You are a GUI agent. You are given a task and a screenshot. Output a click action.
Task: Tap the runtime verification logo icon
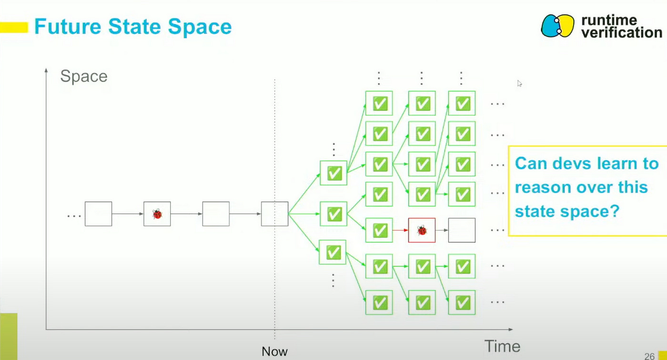[x=557, y=26]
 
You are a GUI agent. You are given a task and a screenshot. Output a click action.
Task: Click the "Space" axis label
[x=84, y=76]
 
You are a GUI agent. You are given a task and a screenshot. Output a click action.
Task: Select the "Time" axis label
[x=502, y=346]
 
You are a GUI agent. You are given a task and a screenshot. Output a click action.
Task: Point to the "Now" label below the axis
[x=274, y=352]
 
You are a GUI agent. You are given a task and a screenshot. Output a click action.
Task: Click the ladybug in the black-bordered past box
[x=157, y=214]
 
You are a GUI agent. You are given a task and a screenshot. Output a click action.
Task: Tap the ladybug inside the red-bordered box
[x=422, y=230]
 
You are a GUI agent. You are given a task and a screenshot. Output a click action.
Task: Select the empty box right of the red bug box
[x=462, y=230]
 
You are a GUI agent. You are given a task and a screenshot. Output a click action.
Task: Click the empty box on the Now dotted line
[x=274, y=214]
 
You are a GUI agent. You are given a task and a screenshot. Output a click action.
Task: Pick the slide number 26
[x=649, y=356]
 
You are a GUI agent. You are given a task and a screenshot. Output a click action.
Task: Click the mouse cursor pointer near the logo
[x=519, y=83]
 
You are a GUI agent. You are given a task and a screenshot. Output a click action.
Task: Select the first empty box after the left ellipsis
[x=98, y=214]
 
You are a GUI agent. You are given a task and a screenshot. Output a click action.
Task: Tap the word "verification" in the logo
[x=621, y=32]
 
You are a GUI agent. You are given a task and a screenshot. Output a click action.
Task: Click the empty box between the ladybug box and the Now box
[x=216, y=214]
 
